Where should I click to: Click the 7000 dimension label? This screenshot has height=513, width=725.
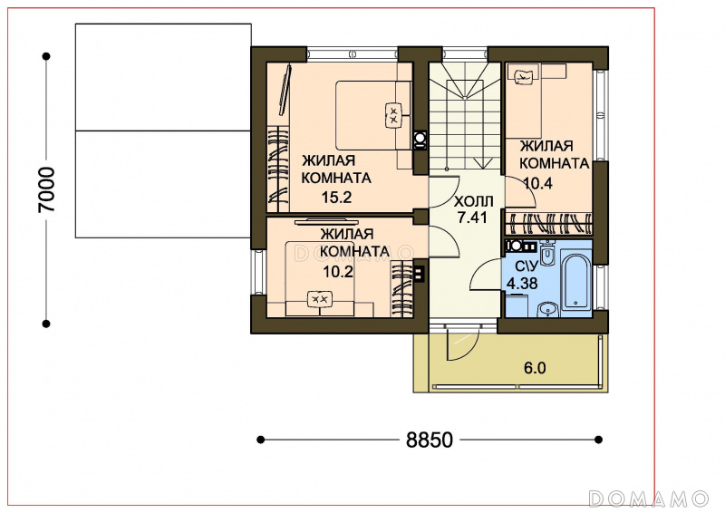pos(47,189)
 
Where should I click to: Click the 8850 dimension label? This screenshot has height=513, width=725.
pos(430,440)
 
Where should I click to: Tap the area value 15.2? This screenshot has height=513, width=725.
pos(336,198)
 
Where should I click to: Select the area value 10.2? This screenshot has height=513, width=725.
pos(338,272)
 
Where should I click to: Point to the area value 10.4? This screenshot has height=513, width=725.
pos(537,184)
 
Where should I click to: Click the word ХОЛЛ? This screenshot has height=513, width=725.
pos(474,202)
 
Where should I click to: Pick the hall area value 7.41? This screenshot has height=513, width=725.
pos(472,218)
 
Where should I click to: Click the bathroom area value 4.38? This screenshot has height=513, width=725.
pos(522,283)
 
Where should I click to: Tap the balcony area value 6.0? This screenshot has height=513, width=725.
pos(535,368)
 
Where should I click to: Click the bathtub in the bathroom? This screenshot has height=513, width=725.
pos(576,281)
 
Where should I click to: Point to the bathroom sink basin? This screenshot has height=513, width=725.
pos(549,309)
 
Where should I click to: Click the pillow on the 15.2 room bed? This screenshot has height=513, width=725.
pos(393,114)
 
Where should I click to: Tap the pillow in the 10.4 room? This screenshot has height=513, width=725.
pos(524,76)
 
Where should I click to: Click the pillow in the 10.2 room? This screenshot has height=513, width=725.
pos(320,299)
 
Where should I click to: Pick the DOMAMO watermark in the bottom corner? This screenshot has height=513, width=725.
pos(649,498)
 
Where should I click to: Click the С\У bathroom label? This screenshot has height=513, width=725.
pos(527,266)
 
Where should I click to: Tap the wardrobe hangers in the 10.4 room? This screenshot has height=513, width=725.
pos(549,224)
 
